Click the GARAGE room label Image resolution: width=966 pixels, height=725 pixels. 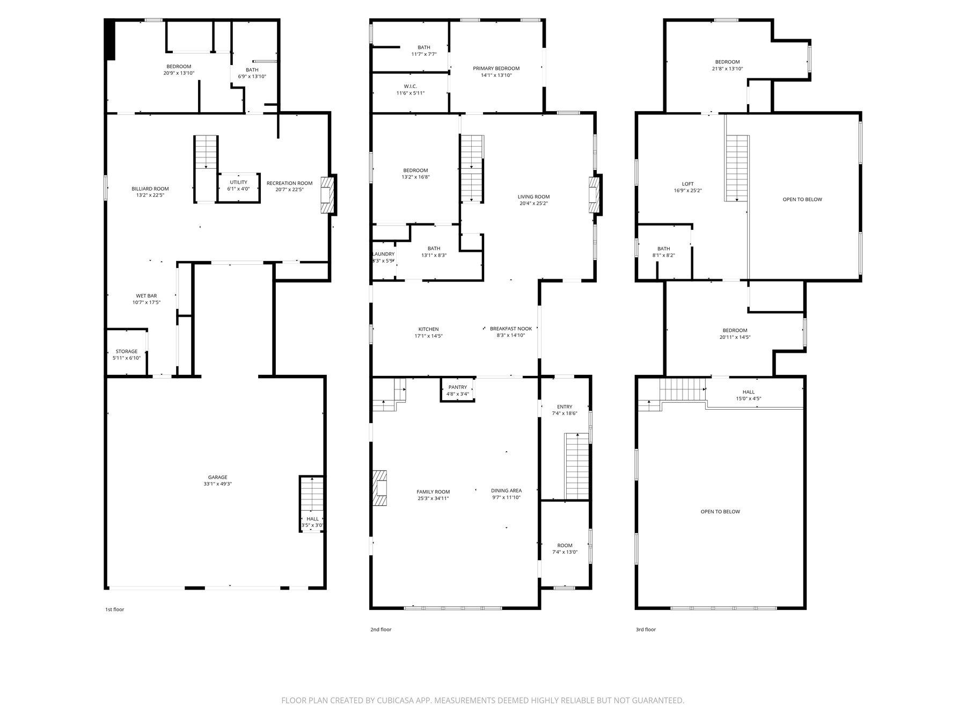pyautogui.click(x=217, y=477)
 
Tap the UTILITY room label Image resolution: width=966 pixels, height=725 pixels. pyautogui.click(x=239, y=182)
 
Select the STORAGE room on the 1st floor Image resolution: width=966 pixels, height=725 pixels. pyautogui.click(x=127, y=352)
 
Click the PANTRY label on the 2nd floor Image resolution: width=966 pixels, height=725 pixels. pyautogui.click(x=458, y=387)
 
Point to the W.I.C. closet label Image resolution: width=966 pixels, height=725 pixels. pyautogui.click(x=411, y=86)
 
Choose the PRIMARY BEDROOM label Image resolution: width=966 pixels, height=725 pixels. pyautogui.click(x=496, y=68)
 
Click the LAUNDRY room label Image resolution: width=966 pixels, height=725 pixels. pyautogui.click(x=383, y=254)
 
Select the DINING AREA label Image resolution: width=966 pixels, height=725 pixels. pyautogui.click(x=506, y=490)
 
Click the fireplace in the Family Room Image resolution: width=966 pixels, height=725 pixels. pyautogui.click(x=380, y=489)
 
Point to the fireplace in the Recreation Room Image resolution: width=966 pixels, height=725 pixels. pyautogui.click(x=327, y=195)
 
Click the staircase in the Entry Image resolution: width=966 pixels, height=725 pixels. pyautogui.click(x=577, y=466)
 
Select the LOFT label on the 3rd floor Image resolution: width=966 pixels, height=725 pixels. pyautogui.click(x=688, y=184)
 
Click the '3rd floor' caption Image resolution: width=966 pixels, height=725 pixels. pyautogui.click(x=646, y=629)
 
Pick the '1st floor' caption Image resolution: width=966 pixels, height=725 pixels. pyautogui.click(x=114, y=610)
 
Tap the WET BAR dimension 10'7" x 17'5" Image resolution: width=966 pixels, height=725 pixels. pyautogui.click(x=147, y=302)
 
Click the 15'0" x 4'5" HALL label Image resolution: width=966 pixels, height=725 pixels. pyautogui.click(x=749, y=398)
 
